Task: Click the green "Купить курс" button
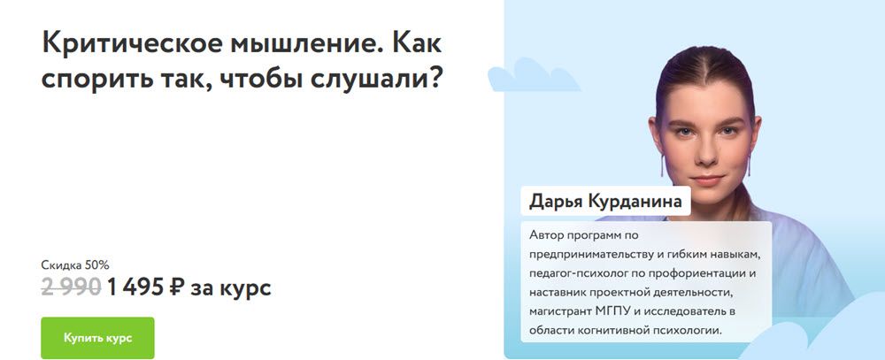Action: [x=97, y=338]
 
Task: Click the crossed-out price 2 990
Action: [x=71, y=287]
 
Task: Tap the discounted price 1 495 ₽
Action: [x=145, y=287]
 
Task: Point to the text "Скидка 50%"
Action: [x=75, y=264]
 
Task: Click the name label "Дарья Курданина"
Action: [x=605, y=202]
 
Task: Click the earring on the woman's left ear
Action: [x=749, y=164]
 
